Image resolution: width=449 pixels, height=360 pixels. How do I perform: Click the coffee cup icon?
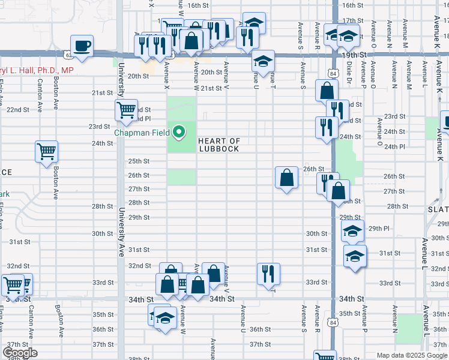[82, 45]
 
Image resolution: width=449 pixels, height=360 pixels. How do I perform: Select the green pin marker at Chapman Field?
[179, 131]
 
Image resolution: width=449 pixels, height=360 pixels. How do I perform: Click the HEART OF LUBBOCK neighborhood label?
[220, 145]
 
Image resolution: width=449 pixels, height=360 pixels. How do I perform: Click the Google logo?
[20, 353]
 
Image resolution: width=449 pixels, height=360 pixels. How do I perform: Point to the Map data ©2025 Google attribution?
[412, 355]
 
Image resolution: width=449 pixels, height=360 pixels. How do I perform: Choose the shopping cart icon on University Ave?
[126, 110]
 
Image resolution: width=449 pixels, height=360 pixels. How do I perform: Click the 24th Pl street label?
[394, 146]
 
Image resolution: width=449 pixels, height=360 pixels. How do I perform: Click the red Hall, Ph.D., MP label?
[37, 70]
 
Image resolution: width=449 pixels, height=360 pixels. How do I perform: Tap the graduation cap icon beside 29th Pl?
[352, 231]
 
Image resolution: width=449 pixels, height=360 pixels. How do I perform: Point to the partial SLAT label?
[438, 209]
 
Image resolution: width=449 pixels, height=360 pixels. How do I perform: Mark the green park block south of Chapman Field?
[181, 176]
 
